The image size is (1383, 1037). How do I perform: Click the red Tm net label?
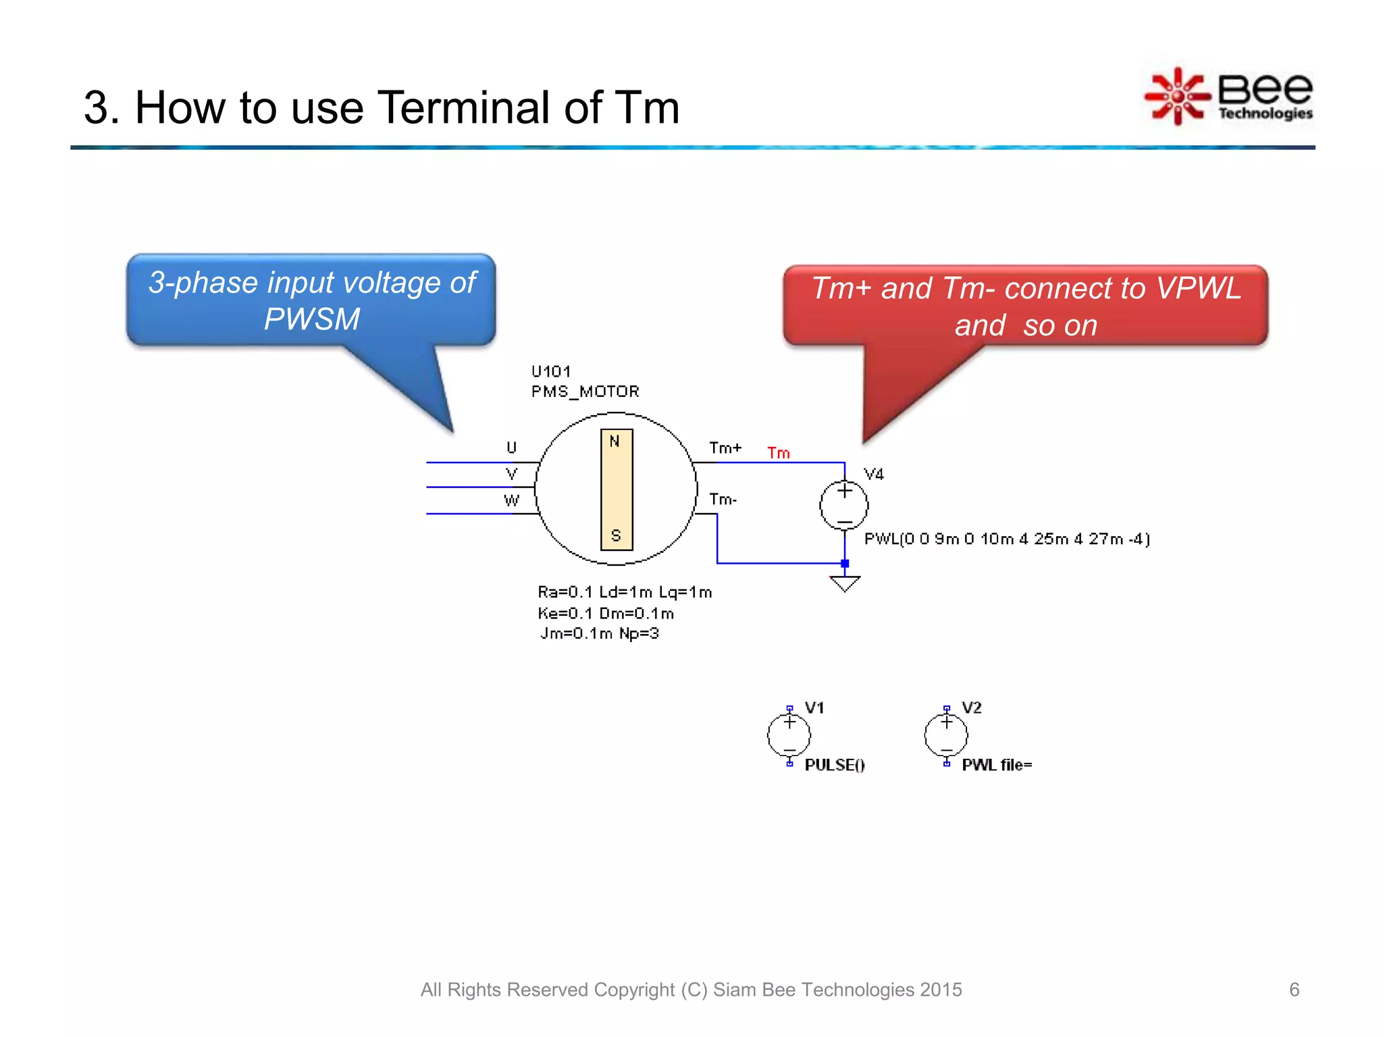tap(778, 453)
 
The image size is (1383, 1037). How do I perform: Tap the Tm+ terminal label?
tap(725, 448)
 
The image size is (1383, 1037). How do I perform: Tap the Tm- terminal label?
tap(723, 500)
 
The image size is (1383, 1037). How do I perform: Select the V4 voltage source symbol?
tap(843, 506)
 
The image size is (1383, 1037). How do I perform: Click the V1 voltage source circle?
tap(789, 735)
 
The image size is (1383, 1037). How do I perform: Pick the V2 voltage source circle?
tap(946, 735)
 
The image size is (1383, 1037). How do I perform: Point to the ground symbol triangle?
tap(845, 583)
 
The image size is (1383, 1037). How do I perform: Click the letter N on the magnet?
tap(615, 442)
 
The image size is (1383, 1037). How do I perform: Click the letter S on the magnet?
tap(616, 535)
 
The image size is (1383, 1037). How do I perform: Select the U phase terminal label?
tap(511, 448)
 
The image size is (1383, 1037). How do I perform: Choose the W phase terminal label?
tap(511, 500)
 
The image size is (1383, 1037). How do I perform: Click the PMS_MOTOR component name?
tap(585, 392)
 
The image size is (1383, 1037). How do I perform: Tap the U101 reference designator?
tap(551, 371)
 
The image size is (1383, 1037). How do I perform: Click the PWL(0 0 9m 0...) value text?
tap(1007, 539)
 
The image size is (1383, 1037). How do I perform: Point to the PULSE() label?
tap(835, 765)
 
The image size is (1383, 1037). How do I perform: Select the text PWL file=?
tap(997, 765)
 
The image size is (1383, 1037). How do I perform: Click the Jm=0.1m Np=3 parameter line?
tap(599, 633)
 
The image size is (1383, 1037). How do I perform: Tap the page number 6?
tap(1294, 990)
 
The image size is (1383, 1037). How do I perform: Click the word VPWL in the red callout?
tap(1199, 288)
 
